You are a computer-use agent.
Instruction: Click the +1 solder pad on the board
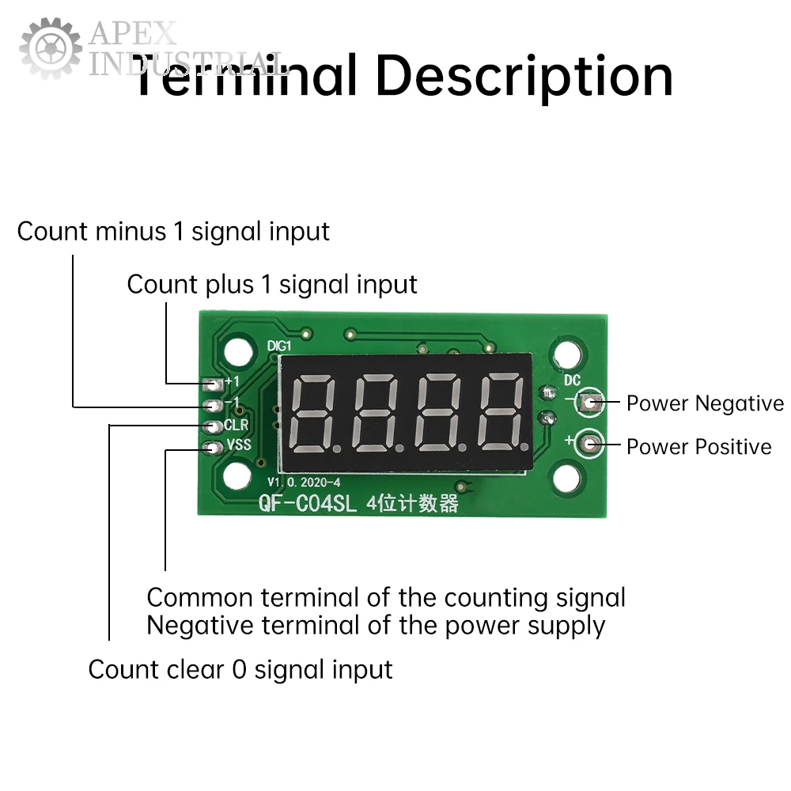point(211,384)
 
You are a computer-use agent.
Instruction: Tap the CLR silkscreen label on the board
point(236,426)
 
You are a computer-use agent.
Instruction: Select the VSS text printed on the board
point(238,445)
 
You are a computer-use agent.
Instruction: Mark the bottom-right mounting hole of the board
point(568,477)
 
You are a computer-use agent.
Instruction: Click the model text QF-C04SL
point(308,504)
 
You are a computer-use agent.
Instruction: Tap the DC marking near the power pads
point(572,381)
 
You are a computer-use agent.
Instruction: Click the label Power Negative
point(704,403)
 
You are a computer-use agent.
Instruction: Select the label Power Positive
point(698,447)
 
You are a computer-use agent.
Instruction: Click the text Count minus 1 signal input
point(173,232)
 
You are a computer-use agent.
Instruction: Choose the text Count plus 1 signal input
point(272,284)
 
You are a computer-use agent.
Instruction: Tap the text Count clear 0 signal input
point(240,670)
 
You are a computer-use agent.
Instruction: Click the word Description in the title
point(524,77)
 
